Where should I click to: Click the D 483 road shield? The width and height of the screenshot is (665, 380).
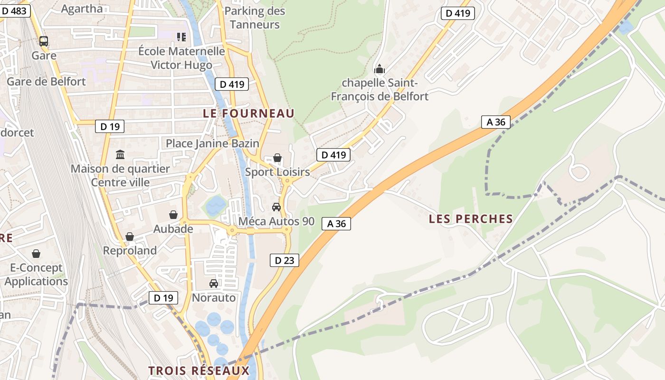(x=15, y=11)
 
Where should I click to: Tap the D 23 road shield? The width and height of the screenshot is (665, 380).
(x=285, y=260)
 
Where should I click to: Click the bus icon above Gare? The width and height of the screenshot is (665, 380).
(x=44, y=41)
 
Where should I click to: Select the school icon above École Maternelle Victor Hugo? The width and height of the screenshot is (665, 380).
(x=181, y=37)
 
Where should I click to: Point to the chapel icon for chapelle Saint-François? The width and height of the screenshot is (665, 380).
(x=379, y=70)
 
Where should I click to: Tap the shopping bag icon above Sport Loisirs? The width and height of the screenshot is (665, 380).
(x=277, y=158)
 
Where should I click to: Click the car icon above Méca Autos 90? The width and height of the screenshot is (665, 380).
(x=276, y=207)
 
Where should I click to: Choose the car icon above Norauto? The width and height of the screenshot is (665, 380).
(x=214, y=284)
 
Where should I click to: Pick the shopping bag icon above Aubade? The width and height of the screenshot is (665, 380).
(x=173, y=215)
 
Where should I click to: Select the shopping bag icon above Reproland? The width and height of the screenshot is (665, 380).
(x=130, y=236)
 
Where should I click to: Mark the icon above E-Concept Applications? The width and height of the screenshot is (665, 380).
(x=36, y=254)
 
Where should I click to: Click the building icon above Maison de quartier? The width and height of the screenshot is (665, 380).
(x=120, y=155)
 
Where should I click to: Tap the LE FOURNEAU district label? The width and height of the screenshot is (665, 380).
(x=249, y=114)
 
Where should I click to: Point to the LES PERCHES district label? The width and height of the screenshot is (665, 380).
(x=471, y=219)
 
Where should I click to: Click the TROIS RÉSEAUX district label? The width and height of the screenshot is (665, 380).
(x=199, y=370)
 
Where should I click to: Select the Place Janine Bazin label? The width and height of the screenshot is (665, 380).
(x=212, y=143)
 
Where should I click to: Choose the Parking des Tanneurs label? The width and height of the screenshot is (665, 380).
(x=255, y=18)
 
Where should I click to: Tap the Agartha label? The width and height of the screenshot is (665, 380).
(x=82, y=9)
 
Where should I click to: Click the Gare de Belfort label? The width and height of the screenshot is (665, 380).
(x=46, y=81)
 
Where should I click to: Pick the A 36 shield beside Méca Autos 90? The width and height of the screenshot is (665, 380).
(x=336, y=223)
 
